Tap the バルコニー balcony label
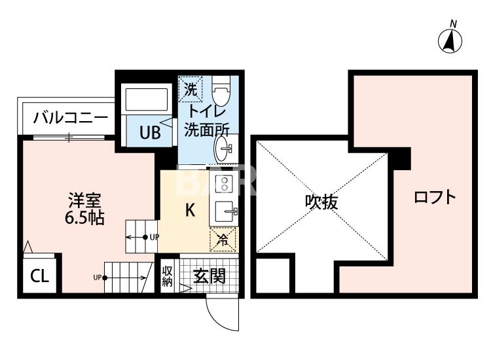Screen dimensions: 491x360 pos(70,118)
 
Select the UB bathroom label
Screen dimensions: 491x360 pos(150,132)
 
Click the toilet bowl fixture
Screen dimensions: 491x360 pos(221,88)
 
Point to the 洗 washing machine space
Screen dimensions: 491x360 pos(191,89)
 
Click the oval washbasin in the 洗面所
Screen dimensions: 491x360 pos(223,149)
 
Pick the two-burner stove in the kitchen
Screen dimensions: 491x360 pos(224,183)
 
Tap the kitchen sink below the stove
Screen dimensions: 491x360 pos(225,211)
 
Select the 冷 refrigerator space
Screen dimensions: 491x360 pos(223,240)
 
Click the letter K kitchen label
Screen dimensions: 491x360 pos(190,210)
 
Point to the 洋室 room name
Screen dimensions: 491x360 pos(85,201)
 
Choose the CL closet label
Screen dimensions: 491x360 pos(39,276)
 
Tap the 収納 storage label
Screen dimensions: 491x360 pos(167,276)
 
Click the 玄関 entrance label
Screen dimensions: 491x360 pos(209,276)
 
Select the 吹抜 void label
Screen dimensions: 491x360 pos(321,202)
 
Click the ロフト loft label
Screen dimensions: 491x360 pos(435,197)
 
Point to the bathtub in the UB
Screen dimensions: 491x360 pos(147,99)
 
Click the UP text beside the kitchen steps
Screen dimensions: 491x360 pos(155,238)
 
